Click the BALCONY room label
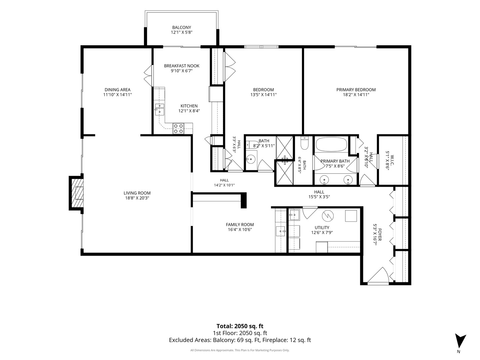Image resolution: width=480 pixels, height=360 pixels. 182,28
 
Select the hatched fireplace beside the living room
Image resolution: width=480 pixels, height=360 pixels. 77,193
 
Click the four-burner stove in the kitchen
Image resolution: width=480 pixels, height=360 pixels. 178,129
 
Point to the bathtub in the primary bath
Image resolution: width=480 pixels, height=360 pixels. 331,144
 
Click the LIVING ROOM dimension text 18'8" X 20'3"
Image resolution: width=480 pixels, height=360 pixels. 137,198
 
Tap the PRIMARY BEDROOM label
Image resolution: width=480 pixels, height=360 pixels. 356,90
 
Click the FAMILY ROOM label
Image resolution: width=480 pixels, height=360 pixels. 240,224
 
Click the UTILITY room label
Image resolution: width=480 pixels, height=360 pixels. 322,228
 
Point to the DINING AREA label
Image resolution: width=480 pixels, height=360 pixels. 117,90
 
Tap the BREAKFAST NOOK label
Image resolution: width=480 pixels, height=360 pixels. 182,66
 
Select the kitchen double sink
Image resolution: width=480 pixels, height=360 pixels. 159,109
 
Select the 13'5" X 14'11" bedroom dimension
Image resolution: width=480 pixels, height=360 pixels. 264,95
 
